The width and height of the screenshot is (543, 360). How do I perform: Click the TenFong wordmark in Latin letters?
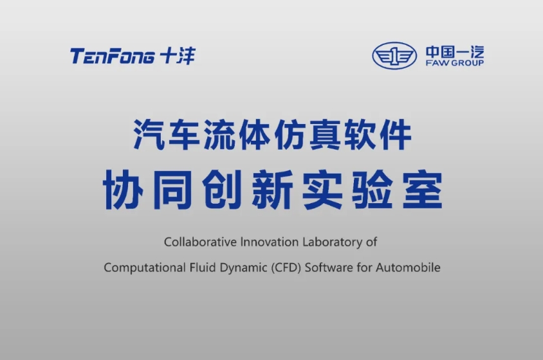click(113, 56)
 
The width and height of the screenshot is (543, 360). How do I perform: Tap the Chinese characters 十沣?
click(178, 56)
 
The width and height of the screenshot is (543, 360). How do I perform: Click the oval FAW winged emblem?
click(394, 56)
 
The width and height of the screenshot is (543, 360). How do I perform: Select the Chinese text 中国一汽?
click(455, 52)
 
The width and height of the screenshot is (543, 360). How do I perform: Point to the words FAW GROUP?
click(455, 63)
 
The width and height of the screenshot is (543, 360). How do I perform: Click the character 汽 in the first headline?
click(149, 134)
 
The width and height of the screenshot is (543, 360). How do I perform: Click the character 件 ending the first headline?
click(395, 134)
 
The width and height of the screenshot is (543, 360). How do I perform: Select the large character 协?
click(123, 190)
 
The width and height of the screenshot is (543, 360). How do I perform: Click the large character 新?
click(273, 190)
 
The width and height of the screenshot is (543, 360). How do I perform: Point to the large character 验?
click(373, 190)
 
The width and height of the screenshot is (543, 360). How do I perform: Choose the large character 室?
click(423, 190)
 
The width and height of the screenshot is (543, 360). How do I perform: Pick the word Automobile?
click(408, 267)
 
